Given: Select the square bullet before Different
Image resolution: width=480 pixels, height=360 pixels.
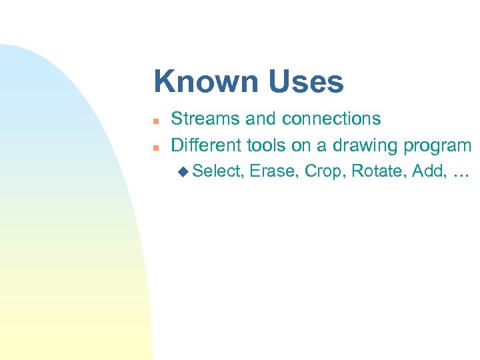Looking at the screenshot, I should [154, 147].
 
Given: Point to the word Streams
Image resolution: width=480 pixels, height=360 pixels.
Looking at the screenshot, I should [205, 119].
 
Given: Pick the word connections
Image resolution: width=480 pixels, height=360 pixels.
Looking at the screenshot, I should [331, 119].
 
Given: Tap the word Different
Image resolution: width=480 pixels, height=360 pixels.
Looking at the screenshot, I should [207, 145].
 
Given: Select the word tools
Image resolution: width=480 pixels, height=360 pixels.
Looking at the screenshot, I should [267, 145].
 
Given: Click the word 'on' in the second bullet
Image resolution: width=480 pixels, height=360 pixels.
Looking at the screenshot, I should [301, 145].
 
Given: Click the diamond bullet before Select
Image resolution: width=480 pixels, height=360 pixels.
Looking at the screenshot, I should [183, 172].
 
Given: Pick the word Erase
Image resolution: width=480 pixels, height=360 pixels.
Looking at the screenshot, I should [274, 171].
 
